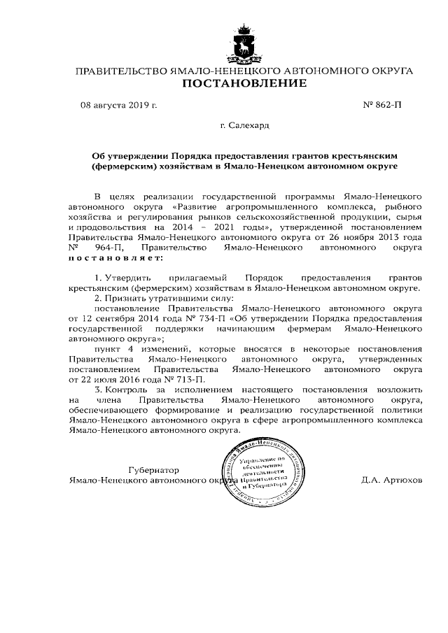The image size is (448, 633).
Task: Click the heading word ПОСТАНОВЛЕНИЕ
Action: click(244, 85)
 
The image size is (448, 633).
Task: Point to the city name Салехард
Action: click(244, 127)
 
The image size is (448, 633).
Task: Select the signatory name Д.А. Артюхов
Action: click(392, 481)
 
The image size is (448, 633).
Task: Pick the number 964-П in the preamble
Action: click(104, 247)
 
